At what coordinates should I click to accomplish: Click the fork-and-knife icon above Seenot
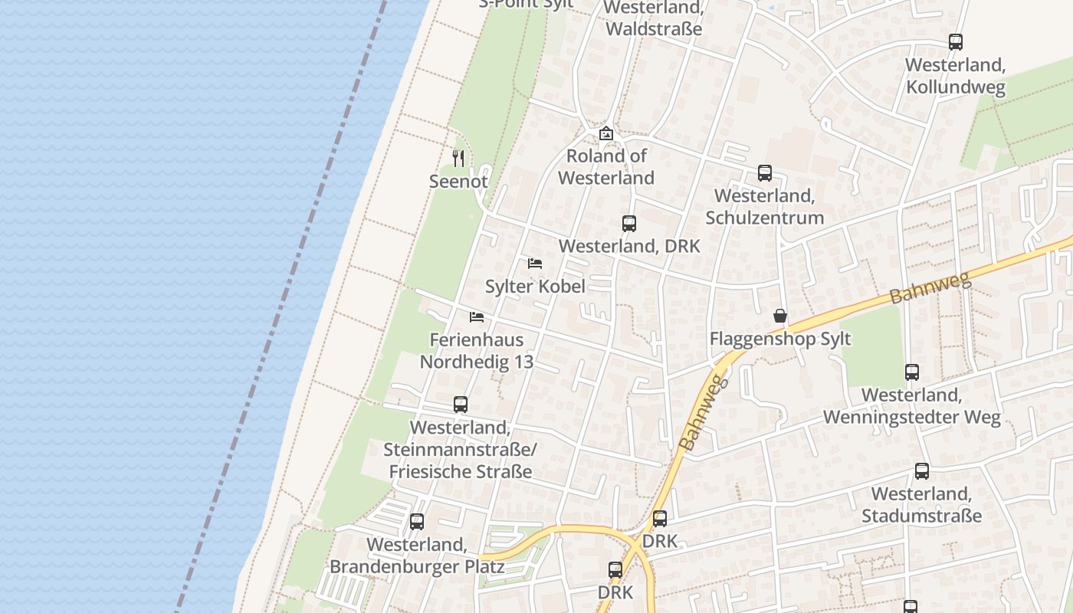[x=458, y=159]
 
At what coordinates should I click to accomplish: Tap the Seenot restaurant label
[x=458, y=182]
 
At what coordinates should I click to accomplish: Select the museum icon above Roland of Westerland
[x=606, y=133]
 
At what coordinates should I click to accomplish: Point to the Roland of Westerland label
[x=606, y=167]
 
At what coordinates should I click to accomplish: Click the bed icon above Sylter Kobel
[x=535, y=264]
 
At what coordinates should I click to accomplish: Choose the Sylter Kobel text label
[x=535, y=287]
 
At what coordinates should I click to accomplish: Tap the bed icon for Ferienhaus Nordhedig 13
[x=477, y=317]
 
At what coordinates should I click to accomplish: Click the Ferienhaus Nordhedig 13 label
[x=477, y=351]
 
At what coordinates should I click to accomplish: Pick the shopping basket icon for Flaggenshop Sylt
[x=780, y=316]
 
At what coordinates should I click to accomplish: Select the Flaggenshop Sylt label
[x=780, y=339]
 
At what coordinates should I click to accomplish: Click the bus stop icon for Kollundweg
[x=956, y=42]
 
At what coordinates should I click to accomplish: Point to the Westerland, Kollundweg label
[x=956, y=76]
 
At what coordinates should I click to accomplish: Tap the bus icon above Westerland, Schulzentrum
[x=765, y=173]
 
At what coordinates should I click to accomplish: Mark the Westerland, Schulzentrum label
[x=765, y=207]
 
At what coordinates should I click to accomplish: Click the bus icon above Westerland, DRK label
[x=629, y=224]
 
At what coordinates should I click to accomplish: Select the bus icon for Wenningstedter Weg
[x=912, y=372]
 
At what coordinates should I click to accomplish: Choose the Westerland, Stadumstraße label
[x=921, y=504]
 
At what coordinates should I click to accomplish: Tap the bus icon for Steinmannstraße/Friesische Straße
[x=461, y=405]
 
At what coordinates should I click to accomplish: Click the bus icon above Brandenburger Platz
[x=417, y=522]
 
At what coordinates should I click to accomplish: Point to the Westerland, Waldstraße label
[x=654, y=19]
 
